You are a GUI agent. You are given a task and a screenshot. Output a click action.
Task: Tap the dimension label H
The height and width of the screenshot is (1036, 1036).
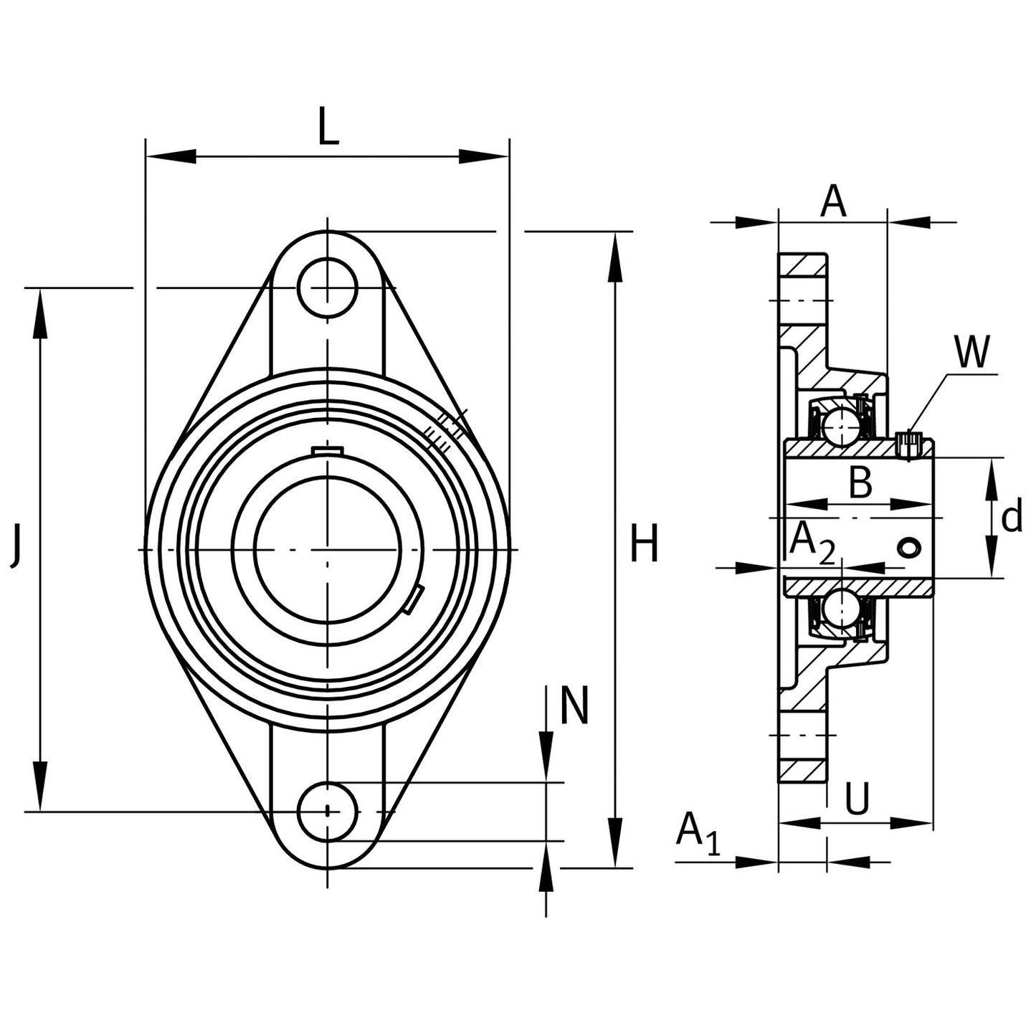click(643, 544)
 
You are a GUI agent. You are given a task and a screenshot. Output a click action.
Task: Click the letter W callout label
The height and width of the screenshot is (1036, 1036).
click(971, 351)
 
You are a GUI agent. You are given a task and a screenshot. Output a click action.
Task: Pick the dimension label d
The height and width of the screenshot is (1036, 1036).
click(1011, 518)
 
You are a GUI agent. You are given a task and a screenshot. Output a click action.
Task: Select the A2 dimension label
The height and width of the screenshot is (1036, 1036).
click(812, 543)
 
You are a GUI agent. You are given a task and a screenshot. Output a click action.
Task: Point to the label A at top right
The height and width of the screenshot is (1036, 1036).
click(833, 201)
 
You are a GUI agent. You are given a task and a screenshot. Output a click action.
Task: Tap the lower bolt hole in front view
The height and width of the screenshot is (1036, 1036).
click(328, 812)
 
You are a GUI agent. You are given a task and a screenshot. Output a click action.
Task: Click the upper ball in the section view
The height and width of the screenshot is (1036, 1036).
click(840, 427)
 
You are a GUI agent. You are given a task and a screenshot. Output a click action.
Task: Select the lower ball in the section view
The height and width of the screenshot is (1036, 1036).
click(840, 609)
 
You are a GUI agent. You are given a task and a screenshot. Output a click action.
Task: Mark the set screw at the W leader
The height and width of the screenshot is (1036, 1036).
click(908, 444)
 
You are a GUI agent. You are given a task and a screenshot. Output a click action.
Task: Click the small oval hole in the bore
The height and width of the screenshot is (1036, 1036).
click(909, 548)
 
